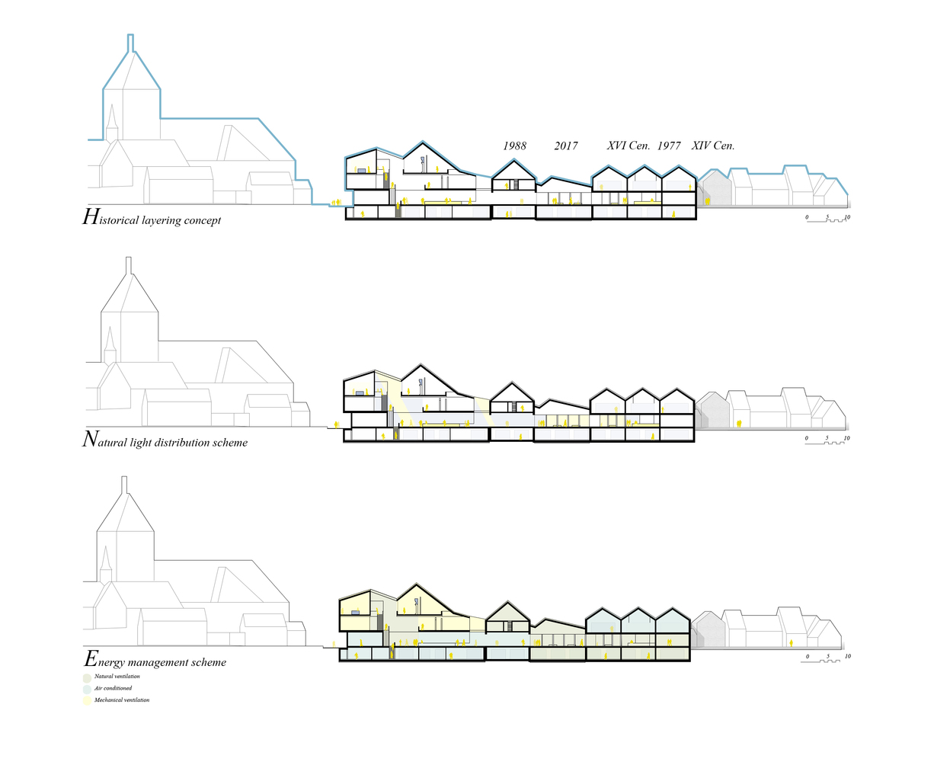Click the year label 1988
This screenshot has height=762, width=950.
(514, 146)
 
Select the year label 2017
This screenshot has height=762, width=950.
(565, 146)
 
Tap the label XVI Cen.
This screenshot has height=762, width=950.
(628, 146)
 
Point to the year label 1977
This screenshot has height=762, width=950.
(669, 146)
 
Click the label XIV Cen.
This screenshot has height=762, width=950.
(712, 146)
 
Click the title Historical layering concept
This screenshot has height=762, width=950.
(152, 219)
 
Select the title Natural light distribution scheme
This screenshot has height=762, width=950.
(165, 440)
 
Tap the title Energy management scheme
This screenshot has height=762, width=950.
(155, 661)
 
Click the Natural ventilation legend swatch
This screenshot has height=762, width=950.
(87, 677)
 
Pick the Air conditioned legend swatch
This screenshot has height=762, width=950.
(87, 689)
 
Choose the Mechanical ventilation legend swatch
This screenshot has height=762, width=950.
(87, 700)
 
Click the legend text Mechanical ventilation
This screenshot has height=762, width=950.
(122, 700)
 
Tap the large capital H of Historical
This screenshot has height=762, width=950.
(90, 217)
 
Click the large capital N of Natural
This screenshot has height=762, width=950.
(90, 439)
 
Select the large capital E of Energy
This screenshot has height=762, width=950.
(91, 659)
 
